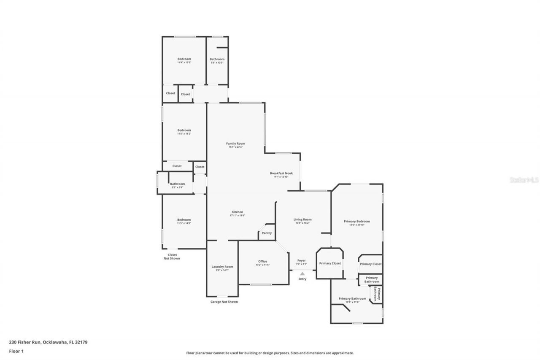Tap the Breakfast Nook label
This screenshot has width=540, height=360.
click(x=281, y=173)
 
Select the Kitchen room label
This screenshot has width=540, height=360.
click(x=237, y=212)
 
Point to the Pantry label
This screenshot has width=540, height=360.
click(x=267, y=233)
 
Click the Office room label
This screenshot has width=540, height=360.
click(x=262, y=262)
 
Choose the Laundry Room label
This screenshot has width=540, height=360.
click(x=222, y=267)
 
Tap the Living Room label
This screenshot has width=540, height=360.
click(x=302, y=219)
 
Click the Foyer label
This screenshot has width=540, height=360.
click(x=301, y=260)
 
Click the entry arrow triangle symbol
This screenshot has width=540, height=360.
click(x=302, y=273)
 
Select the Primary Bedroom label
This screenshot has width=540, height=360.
click(x=357, y=221)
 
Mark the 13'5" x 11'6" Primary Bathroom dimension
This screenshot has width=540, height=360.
click(x=352, y=302)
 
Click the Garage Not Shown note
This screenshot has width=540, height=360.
click(x=224, y=302)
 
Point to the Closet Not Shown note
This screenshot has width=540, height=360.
click(x=172, y=256)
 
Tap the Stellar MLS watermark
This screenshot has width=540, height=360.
click(x=524, y=180)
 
